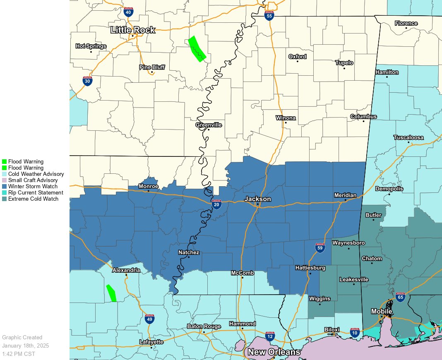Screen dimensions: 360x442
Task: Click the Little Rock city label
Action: [132, 30]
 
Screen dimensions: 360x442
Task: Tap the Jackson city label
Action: [257, 199]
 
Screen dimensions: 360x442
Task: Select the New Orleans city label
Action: [274, 352]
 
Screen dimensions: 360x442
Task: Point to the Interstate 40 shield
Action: [128, 12]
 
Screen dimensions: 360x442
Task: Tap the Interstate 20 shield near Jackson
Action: [216, 204]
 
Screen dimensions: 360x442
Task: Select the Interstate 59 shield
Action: [320, 247]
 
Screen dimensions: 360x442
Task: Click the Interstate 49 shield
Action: [150, 319]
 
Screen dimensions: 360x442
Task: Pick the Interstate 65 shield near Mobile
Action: [400, 296]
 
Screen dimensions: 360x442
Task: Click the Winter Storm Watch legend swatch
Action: [4, 187]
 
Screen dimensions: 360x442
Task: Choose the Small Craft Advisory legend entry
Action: [33, 180]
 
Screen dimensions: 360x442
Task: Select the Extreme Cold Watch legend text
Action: [33, 199]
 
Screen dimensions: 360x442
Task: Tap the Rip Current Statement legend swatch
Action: [4, 193]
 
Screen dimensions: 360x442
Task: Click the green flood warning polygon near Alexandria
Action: [111, 293]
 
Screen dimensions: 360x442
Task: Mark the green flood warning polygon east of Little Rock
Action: [197, 49]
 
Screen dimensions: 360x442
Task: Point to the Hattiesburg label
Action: [310, 268]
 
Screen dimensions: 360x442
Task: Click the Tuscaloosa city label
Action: [408, 137]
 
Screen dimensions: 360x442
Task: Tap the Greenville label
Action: [209, 125]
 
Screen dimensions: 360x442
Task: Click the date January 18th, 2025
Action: [25, 346]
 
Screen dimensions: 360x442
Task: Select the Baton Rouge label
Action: [204, 326]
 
